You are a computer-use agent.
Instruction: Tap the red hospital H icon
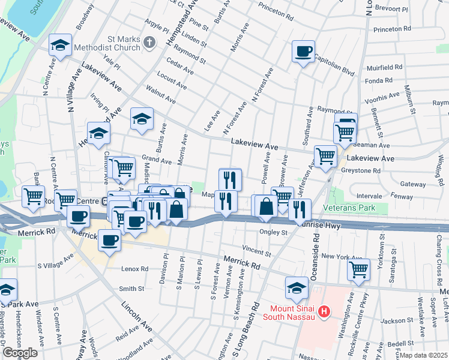pyautogui.click(x=325, y=311)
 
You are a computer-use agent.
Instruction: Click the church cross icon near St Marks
pyautogui.click(x=150, y=42)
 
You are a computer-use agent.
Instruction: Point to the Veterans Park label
pyautogui.click(x=349, y=208)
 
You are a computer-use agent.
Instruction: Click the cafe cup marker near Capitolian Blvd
pyautogui.click(x=304, y=52)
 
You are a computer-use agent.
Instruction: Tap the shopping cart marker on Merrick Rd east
pyautogui.click(x=359, y=269)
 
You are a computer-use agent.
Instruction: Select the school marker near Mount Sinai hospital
pyautogui.click(x=297, y=287)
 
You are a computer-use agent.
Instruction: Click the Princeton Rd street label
pyautogui.click(x=391, y=28)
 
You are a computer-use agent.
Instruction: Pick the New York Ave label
pyautogui.click(x=342, y=256)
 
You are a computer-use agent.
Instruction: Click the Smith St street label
pyautogui.click(x=131, y=289)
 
